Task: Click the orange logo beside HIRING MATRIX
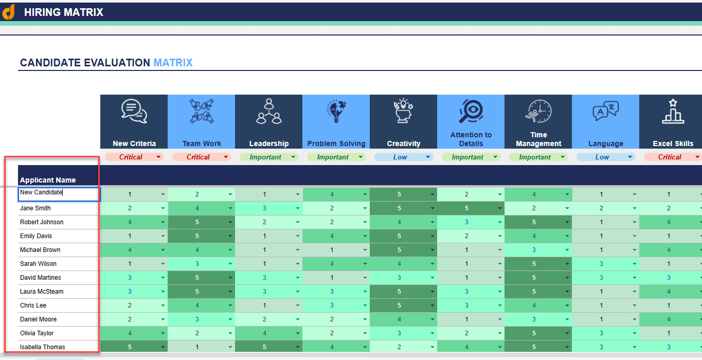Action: pyautogui.click(x=9, y=12)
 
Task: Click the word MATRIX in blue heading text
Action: pyautogui.click(x=173, y=63)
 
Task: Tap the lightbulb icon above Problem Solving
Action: pyautogui.click(x=336, y=111)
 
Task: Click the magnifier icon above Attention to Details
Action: pyautogui.click(x=471, y=110)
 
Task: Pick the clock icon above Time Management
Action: pyautogui.click(x=538, y=111)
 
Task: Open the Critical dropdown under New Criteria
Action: pyautogui.click(x=134, y=157)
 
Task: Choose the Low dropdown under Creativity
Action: pyautogui.click(x=403, y=157)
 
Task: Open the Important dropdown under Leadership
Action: pyautogui.click(x=268, y=157)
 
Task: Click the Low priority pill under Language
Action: pyautogui.click(x=605, y=157)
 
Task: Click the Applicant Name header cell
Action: pyautogui.click(x=48, y=180)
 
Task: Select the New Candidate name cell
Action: pyautogui.click(x=59, y=194)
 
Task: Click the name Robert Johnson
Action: pyautogui.click(x=42, y=222)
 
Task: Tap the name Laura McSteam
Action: pyautogui.click(x=42, y=292)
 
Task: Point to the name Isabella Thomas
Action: pyautogui.click(x=43, y=347)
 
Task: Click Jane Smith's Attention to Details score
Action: pyautogui.click(x=466, y=208)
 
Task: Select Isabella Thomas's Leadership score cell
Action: pyautogui.click(x=264, y=347)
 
